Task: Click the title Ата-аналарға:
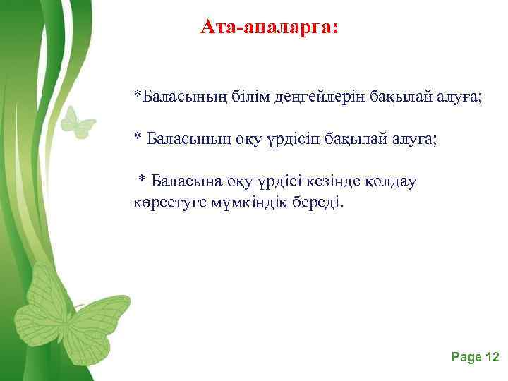(x=270, y=28)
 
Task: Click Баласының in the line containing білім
(x=181, y=97)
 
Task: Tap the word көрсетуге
(x=167, y=203)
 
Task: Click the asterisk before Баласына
(x=141, y=179)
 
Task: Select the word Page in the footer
(x=466, y=358)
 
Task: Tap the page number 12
(x=492, y=358)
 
